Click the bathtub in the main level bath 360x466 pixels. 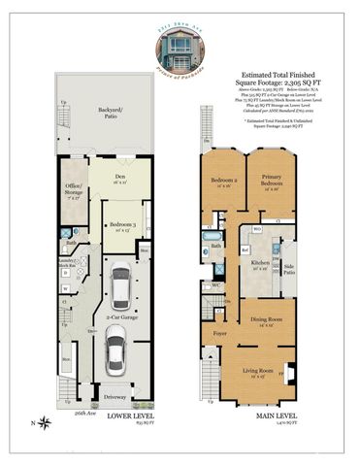213,236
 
